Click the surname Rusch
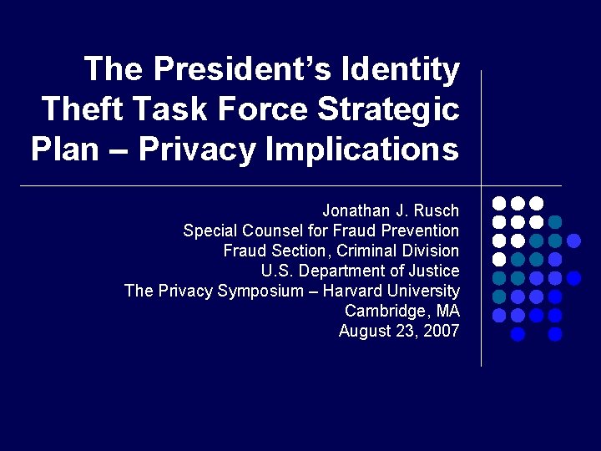click(x=437, y=210)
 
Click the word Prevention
click(x=422, y=231)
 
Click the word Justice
click(x=435, y=271)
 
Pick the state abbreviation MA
click(x=447, y=311)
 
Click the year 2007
click(x=441, y=331)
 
